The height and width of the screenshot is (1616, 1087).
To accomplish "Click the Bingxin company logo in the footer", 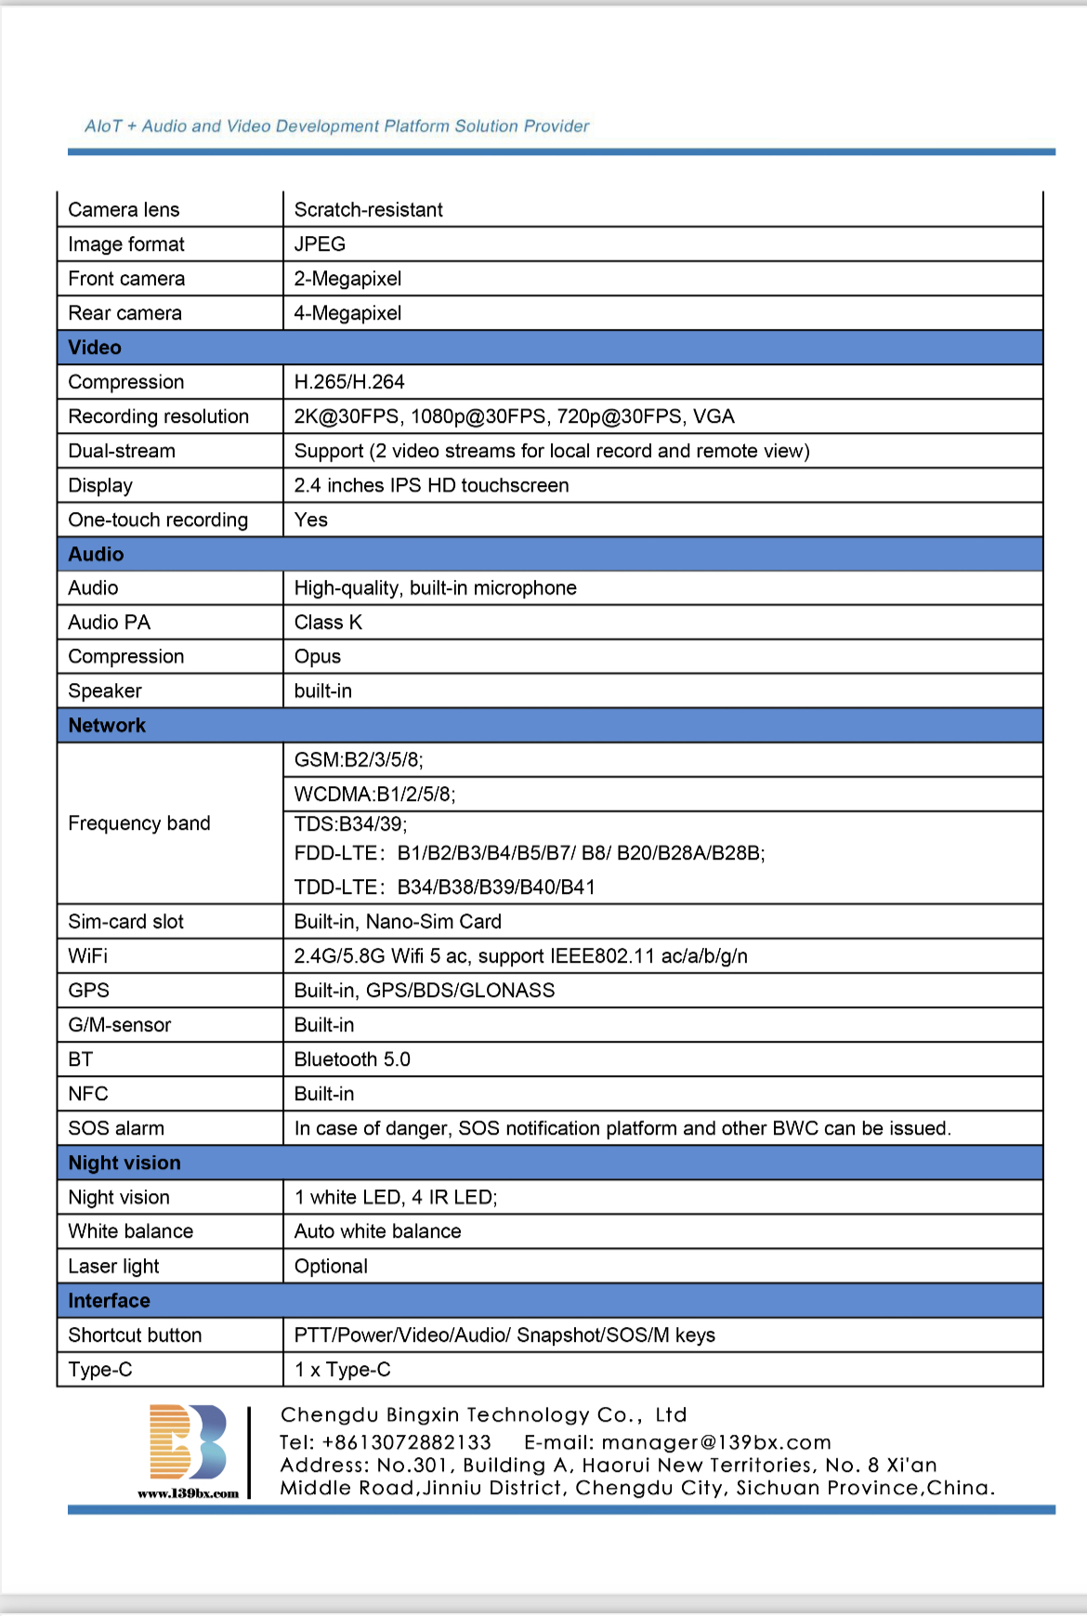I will (x=189, y=1441).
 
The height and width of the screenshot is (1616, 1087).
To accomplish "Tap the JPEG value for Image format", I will (x=320, y=244).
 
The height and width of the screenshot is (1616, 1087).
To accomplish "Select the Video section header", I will (x=95, y=348).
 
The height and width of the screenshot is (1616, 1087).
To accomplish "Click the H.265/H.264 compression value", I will (x=349, y=382).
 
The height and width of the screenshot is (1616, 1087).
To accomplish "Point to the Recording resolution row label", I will (x=159, y=416).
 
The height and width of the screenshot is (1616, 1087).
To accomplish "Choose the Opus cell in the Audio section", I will (x=318, y=657).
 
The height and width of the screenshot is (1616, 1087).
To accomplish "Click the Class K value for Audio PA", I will (x=328, y=623).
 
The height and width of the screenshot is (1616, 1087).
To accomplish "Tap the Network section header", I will (x=107, y=726).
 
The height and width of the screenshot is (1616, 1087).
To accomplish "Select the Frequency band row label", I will (x=139, y=823).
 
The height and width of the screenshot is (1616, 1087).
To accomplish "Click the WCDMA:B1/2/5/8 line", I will (x=374, y=795).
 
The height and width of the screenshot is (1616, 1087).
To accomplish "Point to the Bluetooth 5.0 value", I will (x=352, y=1059).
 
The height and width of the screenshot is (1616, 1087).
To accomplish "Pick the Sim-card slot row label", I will (x=126, y=922).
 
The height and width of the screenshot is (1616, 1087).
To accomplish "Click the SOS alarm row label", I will (x=116, y=1128).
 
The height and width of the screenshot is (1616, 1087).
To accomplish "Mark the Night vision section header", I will (x=124, y=1163).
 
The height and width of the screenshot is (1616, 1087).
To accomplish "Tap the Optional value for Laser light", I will (x=331, y=1267).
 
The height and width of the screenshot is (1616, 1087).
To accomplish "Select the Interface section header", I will (x=109, y=1301).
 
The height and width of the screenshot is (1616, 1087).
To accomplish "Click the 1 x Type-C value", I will (x=342, y=1370).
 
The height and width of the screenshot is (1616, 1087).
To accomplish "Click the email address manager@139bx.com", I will (x=715, y=1442).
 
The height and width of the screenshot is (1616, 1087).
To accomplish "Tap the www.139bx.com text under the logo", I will (x=189, y=1493).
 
